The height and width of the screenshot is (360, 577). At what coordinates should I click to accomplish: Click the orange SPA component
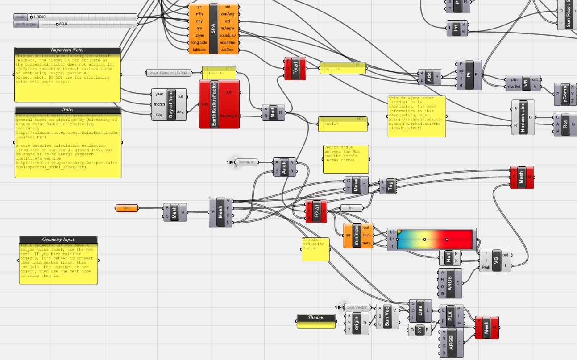pyautogui.click(x=213, y=29)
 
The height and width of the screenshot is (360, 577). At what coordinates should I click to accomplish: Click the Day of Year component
pyautogui.click(x=170, y=104)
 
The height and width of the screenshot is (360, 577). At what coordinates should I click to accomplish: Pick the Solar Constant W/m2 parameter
pyautogui.click(x=169, y=73)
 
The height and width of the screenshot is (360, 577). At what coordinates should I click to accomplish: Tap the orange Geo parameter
pyautogui.click(x=127, y=208)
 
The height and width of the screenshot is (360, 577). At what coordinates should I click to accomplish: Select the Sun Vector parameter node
pyautogui.click(x=357, y=307)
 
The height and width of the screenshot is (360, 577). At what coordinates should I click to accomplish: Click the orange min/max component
pyautogui.click(x=356, y=236)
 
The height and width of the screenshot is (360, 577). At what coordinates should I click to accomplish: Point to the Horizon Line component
pyautogui.click(x=523, y=117)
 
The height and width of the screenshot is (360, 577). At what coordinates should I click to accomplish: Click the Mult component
pyautogui.click(x=273, y=112)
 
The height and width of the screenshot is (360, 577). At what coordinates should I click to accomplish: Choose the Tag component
pyautogui.click(x=390, y=186)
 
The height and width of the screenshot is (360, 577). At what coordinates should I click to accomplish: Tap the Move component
pyautogui.click(x=356, y=185)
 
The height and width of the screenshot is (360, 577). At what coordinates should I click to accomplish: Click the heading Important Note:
pyautogui.click(x=67, y=50)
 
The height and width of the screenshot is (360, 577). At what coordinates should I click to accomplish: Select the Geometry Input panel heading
pyautogui.click(x=58, y=240)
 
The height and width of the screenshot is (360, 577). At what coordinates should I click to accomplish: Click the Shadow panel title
pyautogui.click(x=316, y=318)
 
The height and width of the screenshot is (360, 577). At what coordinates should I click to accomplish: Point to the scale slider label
pyautogui.click(x=21, y=17)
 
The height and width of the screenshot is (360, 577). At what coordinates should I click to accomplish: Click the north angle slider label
pyautogui.click(x=26, y=24)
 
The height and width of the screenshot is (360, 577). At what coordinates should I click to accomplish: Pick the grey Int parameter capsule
pyautogui.click(x=351, y=208)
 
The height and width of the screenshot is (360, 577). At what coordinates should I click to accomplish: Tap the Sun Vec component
pyautogui.click(x=387, y=316)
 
